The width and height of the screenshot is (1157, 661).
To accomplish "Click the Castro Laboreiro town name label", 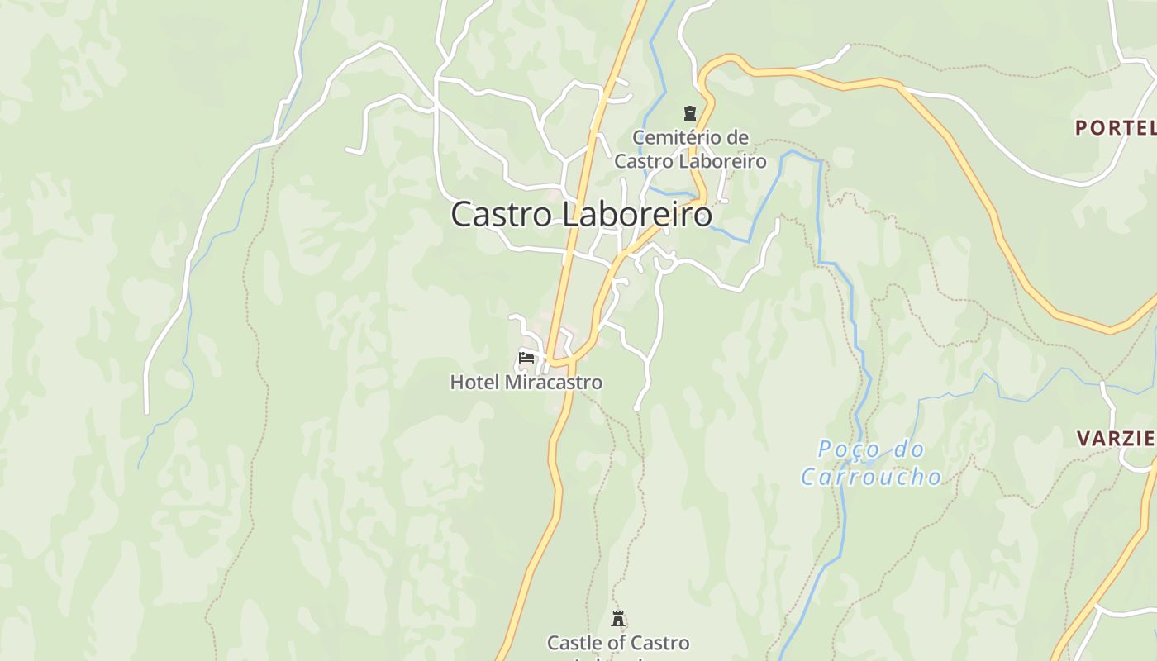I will pyautogui.click(x=581, y=215).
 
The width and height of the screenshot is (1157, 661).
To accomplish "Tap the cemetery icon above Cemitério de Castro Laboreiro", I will pyautogui.click(x=689, y=113).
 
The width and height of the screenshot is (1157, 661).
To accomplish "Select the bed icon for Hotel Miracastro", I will pyautogui.click(x=526, y=358).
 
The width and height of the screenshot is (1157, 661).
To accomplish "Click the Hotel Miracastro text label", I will pyautogui.click(x=526, y=383).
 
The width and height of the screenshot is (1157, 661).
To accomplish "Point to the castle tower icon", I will pyautogui.click(x=617, y=618).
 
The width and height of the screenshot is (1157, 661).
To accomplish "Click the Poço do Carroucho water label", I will pyautogui.click(x=871, y=463).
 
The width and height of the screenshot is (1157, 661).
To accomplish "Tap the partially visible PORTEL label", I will pyautogui.click(x=1115, y=128).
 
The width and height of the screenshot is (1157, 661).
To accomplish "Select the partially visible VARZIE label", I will pyautogui.click(x=1117, y=439).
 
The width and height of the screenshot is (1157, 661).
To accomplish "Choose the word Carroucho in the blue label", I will pyautogui.click(x=871, y=477).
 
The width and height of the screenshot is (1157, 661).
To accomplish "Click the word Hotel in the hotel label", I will pyautogui.click(x=475, y=383).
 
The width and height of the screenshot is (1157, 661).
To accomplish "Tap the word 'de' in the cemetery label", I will pyautogui.click(x=738, y=137).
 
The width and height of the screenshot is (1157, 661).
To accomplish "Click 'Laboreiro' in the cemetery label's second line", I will pyautogui.click(x=724, y=161).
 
